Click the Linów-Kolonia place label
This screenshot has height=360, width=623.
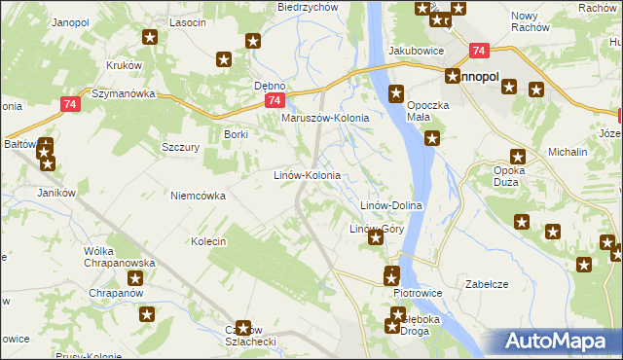tap(306, 176)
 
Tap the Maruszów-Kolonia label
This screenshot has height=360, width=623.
tap(325, 119)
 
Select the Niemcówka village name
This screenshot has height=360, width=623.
tap(198, 196)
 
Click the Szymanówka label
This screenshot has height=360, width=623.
tap(124, 94)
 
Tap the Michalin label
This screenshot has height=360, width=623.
tap(568, 153)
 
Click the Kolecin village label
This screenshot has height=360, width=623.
tap(208, 241)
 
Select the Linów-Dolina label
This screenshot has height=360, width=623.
tap(390, 206)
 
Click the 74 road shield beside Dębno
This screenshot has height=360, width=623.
tap(275, 101)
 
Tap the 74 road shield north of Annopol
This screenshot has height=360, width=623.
tap(477, 51)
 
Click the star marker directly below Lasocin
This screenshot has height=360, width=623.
tap(150, 39)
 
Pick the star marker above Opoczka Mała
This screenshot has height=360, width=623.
tap(396, 93)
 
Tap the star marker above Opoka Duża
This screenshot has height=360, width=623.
tap(518, 156)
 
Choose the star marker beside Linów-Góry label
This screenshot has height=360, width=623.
tap(376, 237)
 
